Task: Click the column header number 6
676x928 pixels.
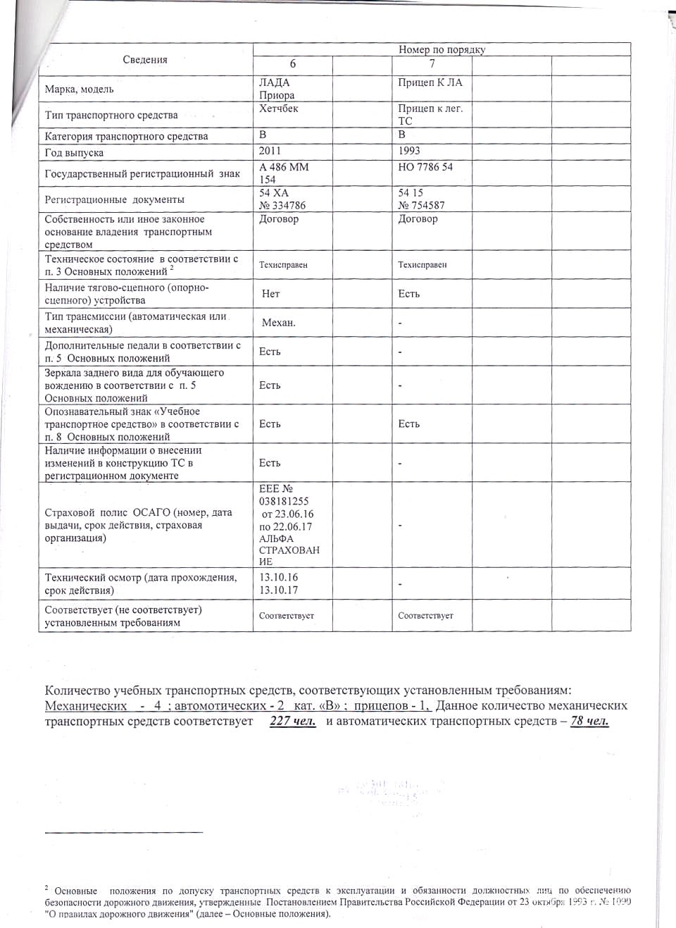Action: coord(293,64)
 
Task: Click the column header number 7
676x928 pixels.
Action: coord(432,64)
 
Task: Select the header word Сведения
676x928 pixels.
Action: coord(145,60)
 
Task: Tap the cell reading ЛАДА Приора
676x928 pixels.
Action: coord(277,89)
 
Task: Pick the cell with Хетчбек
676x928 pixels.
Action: coord(278,109)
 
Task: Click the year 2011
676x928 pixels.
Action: coord(270,150)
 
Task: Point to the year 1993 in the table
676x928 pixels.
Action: coord(409,150)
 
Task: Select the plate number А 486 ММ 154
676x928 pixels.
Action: coord(284,173)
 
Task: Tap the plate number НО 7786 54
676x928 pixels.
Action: coord(425,167)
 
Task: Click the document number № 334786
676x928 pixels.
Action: coord(282,205)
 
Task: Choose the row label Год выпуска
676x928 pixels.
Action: coord(74,153)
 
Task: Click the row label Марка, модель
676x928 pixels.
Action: coord(79,89)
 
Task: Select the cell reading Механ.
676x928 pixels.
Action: coord(279,323)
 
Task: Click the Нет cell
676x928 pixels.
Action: coord(270,293)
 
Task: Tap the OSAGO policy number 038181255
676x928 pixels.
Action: coord(284,501)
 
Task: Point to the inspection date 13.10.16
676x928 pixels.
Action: coord(279,577)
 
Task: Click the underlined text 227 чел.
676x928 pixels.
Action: coord(293,721)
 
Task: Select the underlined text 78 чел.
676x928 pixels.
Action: coord(589,721)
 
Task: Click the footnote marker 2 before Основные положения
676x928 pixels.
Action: coord(46,889)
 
